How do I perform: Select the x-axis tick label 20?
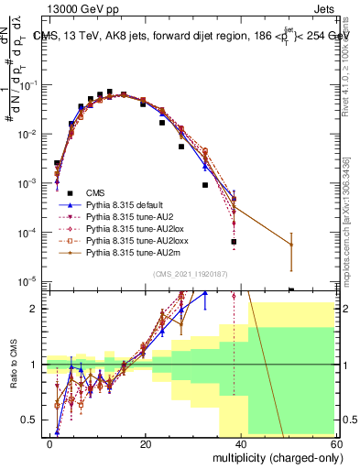point(146,443)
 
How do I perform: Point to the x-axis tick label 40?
point(241,443)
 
